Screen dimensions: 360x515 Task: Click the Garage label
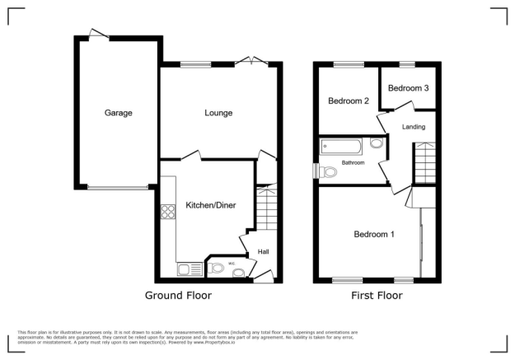(x=118, y=113)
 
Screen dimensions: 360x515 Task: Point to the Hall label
(x=264, y=251)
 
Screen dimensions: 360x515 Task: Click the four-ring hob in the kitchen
(x=168, y=211)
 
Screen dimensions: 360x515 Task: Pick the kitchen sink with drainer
(x=184, y=268)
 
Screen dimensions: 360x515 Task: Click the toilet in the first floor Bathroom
(x=329, y=171)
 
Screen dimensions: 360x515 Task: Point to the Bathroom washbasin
(x=376, y=144)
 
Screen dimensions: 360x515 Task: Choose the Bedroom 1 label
(x=374, y=235)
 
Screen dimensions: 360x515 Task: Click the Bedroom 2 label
(x=348, y=101)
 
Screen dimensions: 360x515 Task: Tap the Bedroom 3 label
(x=408, y=87)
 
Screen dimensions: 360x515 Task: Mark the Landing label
(x=414, y=127)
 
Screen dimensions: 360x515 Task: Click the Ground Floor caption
(x=178, y=295)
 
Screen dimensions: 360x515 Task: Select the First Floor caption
(x=376, y=295)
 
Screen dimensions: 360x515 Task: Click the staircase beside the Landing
(x=424, y=162)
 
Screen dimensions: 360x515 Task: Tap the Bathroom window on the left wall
(x=316, y=169)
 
